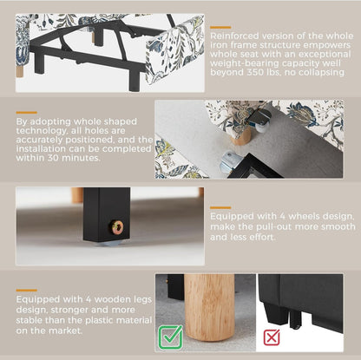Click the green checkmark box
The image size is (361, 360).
coord(170,337)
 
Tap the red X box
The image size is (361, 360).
coord(272,337)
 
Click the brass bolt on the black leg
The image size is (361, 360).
coord(118,227)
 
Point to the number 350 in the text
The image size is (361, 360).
coord(255,72)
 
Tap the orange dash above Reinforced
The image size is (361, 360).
coord(220,27)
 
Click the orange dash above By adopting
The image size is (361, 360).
coord(27,113)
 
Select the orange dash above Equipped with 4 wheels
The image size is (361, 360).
coord(220,207)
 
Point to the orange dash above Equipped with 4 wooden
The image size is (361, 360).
coord(27,290)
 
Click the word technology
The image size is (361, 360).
coord(41,131)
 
